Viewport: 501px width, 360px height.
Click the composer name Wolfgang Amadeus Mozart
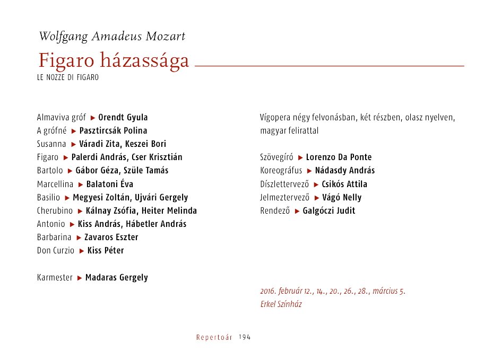click(112, 37)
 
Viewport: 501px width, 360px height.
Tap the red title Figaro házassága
click(114, 61)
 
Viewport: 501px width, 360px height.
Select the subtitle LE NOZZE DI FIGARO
click(68, 77)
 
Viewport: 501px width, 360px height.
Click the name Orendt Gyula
click(123, 117)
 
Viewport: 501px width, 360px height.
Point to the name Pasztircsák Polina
click(113, 130)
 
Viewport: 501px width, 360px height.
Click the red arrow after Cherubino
click(81, 211)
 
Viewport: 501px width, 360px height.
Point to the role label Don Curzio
click(56, 250)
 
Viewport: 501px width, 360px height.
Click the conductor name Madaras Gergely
click(117, 277)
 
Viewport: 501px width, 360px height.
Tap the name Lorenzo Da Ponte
click(339, 157)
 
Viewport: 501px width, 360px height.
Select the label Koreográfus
click(281, 171)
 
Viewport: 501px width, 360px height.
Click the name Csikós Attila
click(344, 184)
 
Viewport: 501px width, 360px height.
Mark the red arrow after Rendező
click(297, 211)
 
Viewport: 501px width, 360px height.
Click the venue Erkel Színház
click(281, 304)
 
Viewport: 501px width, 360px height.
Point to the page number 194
click(245, 338)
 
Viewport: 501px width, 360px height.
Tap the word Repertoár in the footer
click(214, 338)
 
